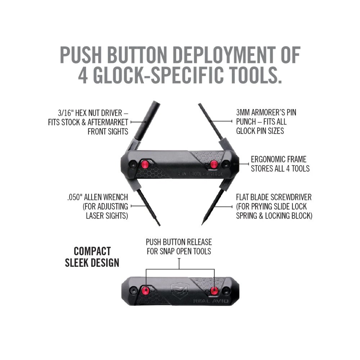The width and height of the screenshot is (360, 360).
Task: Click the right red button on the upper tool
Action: point(213,165)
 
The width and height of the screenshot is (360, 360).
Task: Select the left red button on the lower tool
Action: point(146,291)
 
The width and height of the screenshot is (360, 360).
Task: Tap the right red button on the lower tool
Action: point(215,291)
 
